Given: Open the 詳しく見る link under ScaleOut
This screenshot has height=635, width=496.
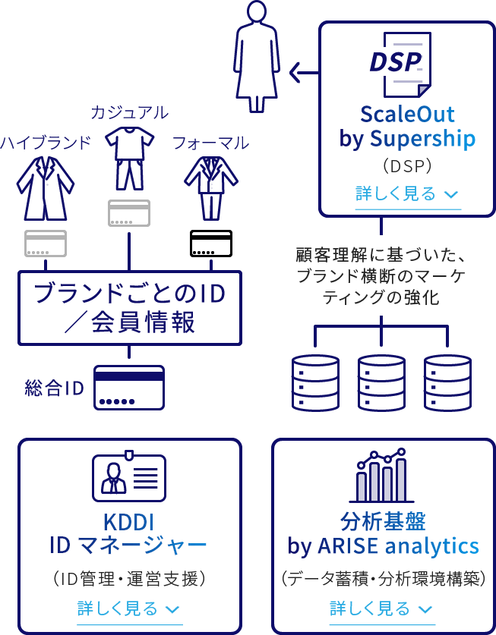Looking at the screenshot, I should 407,193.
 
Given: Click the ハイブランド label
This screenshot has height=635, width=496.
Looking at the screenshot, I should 46,142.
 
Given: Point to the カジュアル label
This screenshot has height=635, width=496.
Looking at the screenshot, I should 129,113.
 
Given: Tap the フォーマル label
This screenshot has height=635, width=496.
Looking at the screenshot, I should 210,143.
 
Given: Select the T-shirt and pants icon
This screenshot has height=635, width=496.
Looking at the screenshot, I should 129,158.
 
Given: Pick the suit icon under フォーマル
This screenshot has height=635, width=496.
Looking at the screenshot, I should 210,186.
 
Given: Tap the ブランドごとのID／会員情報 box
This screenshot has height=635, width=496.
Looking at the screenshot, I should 128,308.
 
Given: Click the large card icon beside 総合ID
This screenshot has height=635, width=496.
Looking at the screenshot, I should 129,387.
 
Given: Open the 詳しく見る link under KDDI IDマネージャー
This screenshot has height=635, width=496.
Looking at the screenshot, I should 128,608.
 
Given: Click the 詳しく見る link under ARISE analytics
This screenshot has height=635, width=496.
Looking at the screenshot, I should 381,608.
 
